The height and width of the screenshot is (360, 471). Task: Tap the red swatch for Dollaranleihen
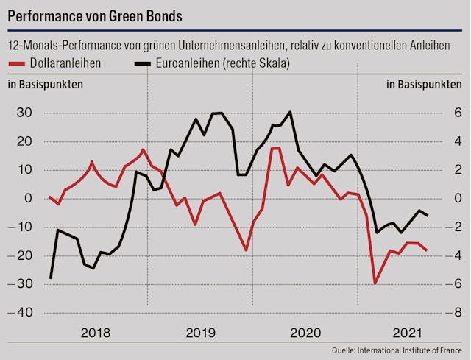click(18, 64)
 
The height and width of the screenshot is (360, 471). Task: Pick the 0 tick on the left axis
click(28, 198)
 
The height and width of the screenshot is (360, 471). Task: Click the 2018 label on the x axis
click(96, 332)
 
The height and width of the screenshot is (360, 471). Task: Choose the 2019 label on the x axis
click(201, 332)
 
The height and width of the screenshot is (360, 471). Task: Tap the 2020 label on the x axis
click(305, 332)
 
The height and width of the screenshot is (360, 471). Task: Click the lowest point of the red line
click(375, 283)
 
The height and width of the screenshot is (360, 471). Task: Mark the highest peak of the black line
click(291, 112)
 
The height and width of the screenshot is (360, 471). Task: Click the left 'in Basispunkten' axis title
click(46, 84)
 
